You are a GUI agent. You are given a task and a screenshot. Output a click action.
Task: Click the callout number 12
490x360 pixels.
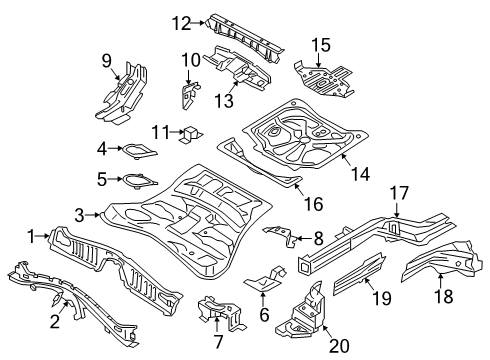point(180,22)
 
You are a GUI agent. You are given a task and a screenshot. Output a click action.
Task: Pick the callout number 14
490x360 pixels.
point(359,174)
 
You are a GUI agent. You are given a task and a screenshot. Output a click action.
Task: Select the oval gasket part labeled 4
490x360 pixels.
point(132,151)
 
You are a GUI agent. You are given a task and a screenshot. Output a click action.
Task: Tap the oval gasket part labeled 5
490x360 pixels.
point(132,181)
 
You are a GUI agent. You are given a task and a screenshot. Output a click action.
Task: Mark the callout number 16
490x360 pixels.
point(313,204)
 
